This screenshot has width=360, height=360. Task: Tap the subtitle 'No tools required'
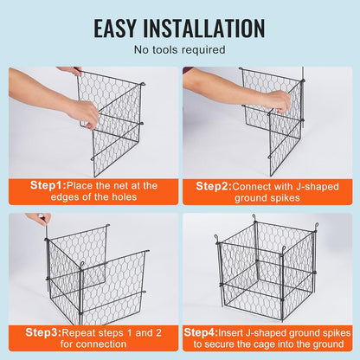coord(179,50)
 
